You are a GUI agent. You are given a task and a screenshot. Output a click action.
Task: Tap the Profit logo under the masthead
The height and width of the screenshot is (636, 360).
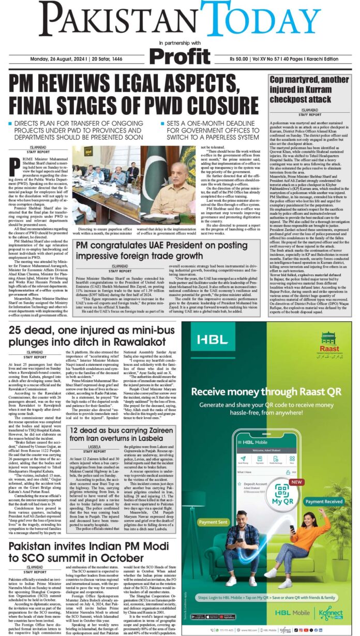180,53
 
